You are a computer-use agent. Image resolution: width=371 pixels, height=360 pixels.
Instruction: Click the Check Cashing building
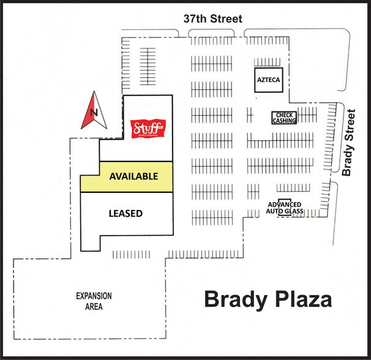pyautogui.click(x=285, y=118)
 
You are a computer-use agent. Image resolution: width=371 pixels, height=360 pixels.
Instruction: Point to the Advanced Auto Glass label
pyautogui.click(x=285, y=208)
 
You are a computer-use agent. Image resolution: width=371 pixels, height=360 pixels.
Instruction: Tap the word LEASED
pyautogui.click(x=126, y=214)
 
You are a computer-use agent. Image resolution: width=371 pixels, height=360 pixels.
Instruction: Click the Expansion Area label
pyautogui.click(x=94, y=301)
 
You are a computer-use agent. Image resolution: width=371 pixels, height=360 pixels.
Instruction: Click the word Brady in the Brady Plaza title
pyautogui.click(x=236, y=300)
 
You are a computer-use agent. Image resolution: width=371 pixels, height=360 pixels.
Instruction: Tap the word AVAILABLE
pyautogui.click(x=133, y=176)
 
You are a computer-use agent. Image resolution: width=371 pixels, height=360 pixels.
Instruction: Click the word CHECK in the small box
pyautogui.click(x=285, y=114)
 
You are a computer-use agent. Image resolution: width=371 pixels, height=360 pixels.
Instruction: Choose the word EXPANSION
pyautogui.click(x=94, y=296)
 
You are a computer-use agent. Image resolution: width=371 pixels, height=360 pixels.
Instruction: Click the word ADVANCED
pyautogui.click(x=285, y=204)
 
